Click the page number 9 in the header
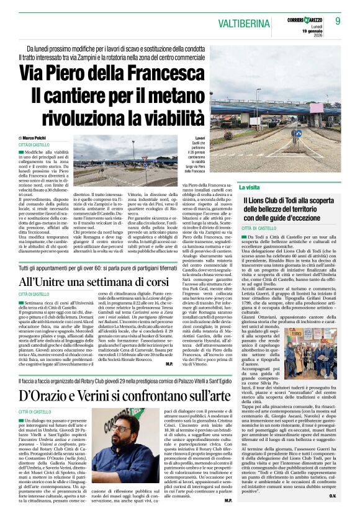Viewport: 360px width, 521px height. coord(338,20)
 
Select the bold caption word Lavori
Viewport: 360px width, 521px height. coord(200,138)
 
